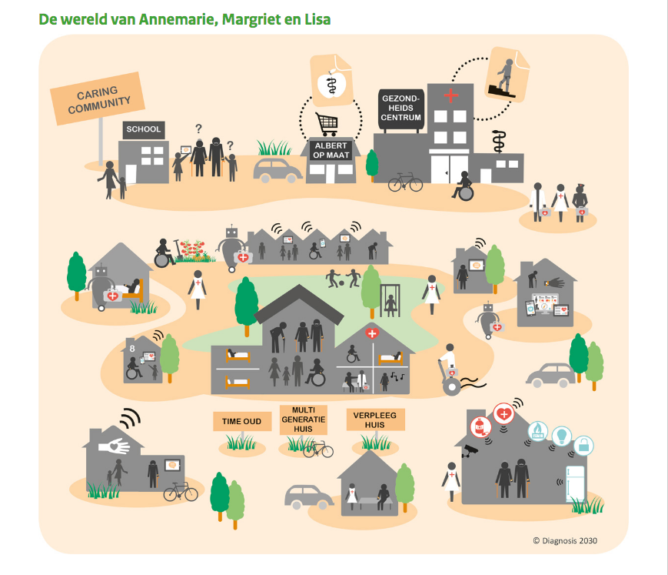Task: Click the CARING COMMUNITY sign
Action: (98, 98)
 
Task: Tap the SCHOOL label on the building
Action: (143, 130)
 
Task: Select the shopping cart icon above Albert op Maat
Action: (328, 123)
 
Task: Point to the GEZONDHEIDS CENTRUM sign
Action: (401, 108)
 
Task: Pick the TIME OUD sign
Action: (241, 421)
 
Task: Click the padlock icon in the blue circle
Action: (584, 444)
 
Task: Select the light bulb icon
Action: (561, 436)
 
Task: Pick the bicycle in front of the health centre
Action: (405, 183)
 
